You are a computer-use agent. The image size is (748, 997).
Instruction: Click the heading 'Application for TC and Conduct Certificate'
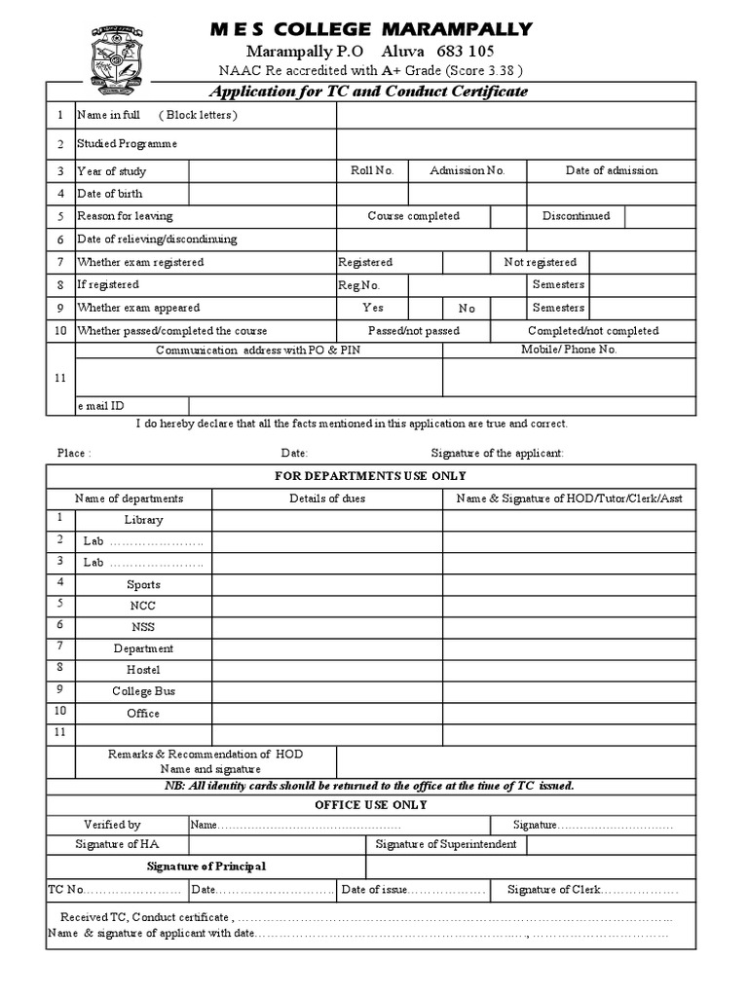tap(370, 92)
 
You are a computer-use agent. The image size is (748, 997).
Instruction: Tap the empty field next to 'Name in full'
tap(516, 115)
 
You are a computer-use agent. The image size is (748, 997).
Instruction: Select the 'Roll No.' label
tap(372, 170)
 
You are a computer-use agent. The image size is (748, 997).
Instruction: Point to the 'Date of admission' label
tap(611, 170)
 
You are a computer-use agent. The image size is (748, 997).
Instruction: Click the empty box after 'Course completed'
tap(507, 216)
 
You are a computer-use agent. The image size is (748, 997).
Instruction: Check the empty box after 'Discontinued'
tap(659, 216)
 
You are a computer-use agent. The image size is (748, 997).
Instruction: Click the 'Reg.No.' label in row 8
tap(358, 285)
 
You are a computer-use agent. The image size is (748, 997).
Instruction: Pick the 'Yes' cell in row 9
tap(373, 308)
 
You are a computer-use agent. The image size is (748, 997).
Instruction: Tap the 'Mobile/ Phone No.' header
tap(569, 349)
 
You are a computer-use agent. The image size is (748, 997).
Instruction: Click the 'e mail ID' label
tap(101, 405)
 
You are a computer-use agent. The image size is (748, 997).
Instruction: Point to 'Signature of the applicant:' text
tap(497, 453)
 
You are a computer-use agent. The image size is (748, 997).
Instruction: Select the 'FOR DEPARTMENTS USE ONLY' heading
tap(370, 476)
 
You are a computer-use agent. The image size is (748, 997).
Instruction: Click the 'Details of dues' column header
tap(327, 498)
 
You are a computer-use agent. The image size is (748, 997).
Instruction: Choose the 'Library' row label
tap(143, 520)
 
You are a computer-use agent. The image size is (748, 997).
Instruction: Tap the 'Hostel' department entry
tap(143, 670)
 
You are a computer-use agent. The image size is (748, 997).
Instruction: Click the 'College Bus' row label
tap(143, 691)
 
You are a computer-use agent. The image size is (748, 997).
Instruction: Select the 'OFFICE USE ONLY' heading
tap(370, 805)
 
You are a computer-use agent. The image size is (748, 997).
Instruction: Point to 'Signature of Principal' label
tap(206, 867)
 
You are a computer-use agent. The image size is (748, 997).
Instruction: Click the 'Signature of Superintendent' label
tap(446, 844)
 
